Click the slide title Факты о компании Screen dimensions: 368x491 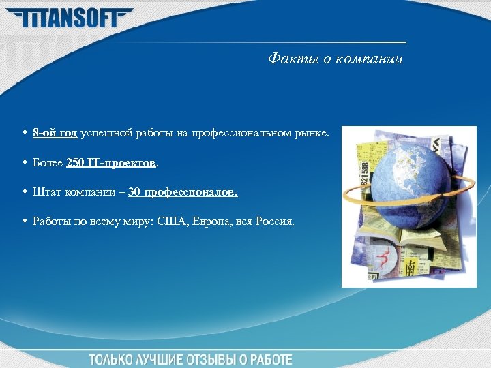click(x=335, y=59)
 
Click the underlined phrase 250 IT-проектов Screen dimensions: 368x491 click(x=112, y=164)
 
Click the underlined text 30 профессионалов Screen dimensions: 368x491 click(x=183, y=192)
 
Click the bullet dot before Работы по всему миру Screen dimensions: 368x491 click(x=24, y=221)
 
